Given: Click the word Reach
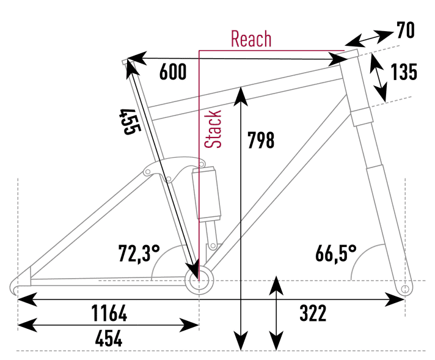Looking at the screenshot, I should pos(250,39).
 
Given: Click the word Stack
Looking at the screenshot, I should pos(213,129).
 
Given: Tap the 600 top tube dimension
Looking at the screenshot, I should pos(172,72).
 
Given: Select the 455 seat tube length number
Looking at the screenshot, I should pos(131,122).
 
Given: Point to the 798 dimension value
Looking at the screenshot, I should pos(261,141).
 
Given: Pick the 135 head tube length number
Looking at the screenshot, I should pos(404,72).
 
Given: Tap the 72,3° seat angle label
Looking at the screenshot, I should pos(139,252).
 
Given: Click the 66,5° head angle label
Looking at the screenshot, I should pos(336,252).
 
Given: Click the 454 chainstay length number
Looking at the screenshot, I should pos(109,338).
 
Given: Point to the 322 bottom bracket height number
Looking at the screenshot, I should pos(313,314).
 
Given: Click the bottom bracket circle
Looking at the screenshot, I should pos(198,281).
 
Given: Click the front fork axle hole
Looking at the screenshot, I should pos(403,288).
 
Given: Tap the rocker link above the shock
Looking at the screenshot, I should pos(174,167).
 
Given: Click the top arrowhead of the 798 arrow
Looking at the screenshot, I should pos(243,92).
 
